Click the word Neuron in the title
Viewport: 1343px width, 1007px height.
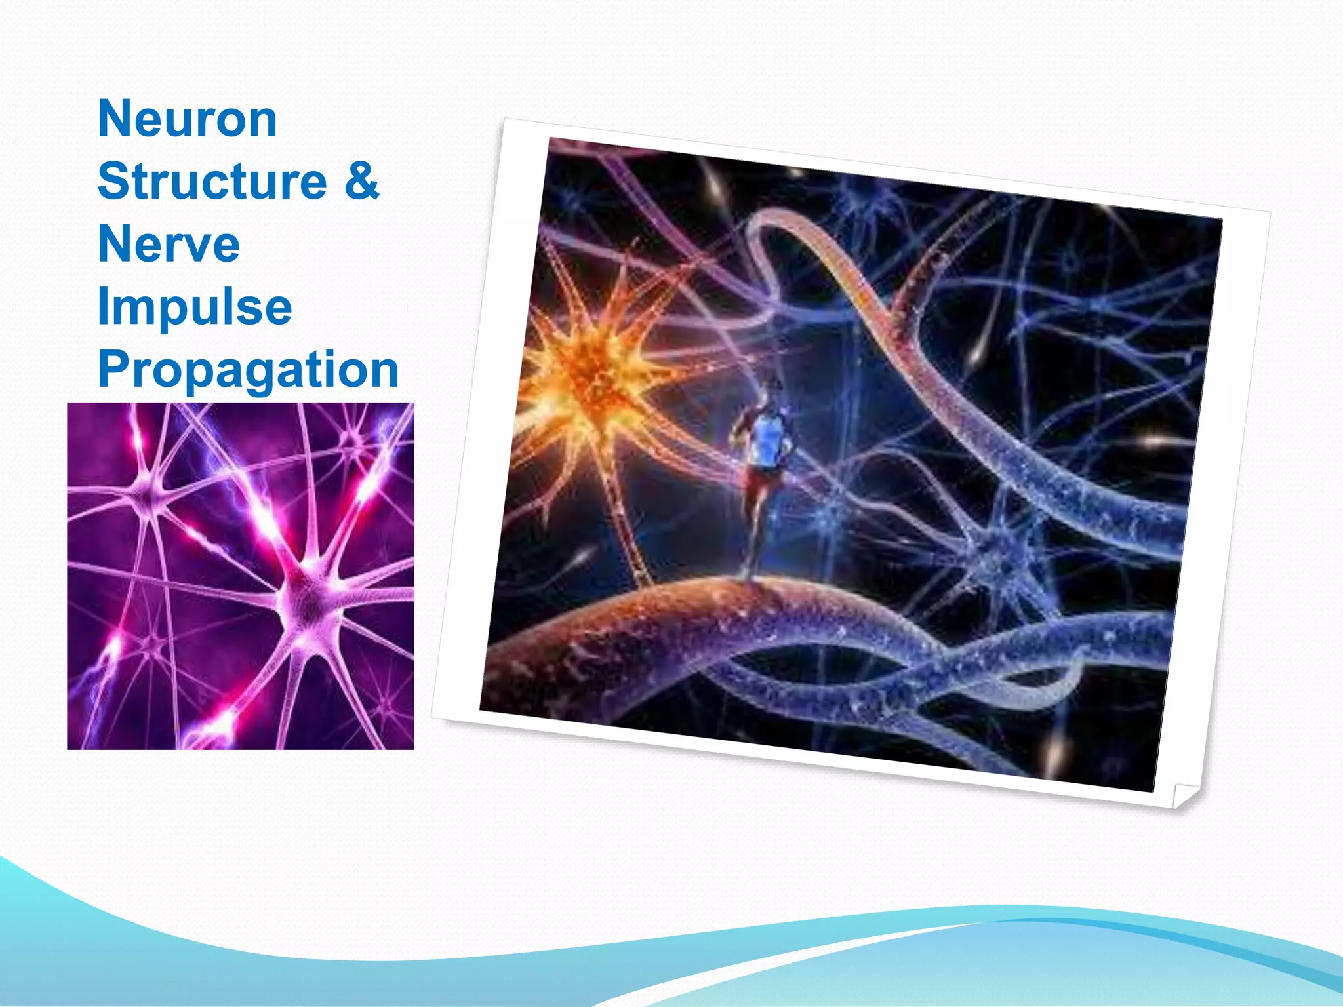[x=188, y=119]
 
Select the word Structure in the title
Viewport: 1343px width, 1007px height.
[x=212, y=181]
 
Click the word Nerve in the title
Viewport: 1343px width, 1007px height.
[x=169, y=244]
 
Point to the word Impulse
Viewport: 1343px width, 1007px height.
[x=194, y=307]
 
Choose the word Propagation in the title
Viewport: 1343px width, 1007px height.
[x=248, y=370]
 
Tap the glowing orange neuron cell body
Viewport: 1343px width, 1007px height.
[x=590, y=374]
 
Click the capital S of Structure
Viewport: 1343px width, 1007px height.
[x=113, y=181]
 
